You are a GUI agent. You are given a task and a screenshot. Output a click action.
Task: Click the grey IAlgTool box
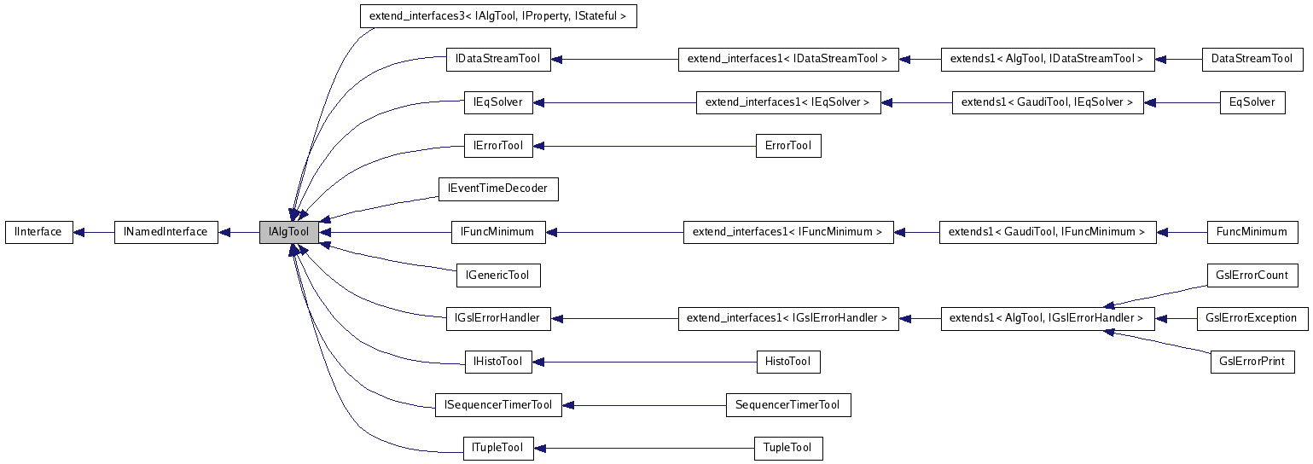point(289,232)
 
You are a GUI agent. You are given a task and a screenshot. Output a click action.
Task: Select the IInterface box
point(38,232)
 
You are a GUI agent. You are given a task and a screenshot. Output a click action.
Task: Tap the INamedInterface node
point(166,232)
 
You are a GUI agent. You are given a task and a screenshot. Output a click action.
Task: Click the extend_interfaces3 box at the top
point(498,16)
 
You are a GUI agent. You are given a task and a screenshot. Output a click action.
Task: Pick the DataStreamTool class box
point(1252,59)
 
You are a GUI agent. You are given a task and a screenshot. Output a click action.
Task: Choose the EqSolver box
point(1252,102)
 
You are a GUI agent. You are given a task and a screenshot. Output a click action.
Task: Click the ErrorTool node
point(787,146)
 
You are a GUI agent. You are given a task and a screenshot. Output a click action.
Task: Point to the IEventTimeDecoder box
point(497,188)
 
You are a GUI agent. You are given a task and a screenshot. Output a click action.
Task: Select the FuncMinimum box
point(1252,232)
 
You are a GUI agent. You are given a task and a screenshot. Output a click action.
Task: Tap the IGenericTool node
point(497,275)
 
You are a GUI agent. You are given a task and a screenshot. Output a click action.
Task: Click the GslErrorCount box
point(1252,275)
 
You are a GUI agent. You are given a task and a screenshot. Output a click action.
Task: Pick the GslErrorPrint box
point(1252,362)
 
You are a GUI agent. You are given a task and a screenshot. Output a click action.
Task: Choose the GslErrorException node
point(1252,318)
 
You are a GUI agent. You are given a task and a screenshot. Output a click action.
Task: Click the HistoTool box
point(787,362)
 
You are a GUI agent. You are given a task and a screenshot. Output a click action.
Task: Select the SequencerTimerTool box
point(787,405)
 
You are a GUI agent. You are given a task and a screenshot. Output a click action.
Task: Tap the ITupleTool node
point(497,448)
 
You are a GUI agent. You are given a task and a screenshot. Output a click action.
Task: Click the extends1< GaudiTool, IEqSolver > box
point(1047,102)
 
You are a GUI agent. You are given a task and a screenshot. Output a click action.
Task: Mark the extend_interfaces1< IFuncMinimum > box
point(787,232)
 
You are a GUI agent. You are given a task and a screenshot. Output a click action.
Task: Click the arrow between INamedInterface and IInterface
point(94,232)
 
